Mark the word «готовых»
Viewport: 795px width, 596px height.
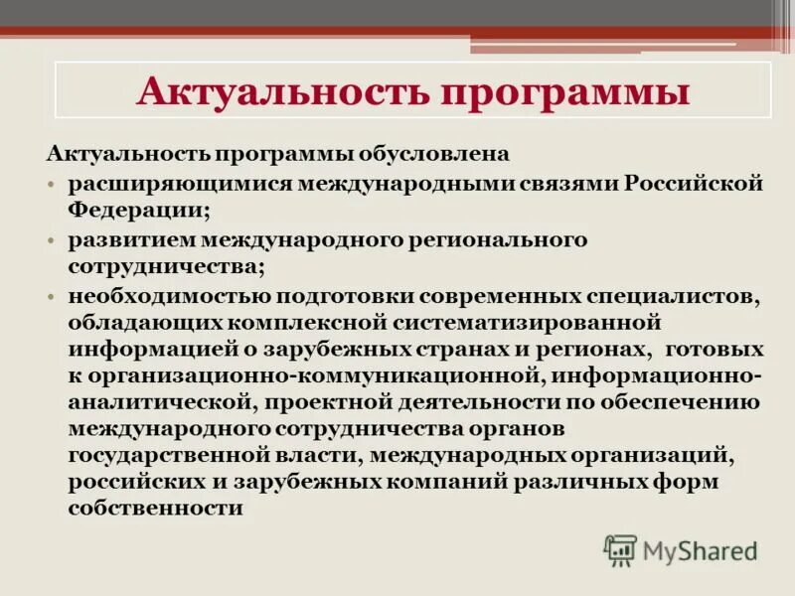coord(715,350)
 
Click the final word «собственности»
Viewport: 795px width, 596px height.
coord(156,509)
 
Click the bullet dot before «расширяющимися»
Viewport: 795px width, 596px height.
coord(50,186)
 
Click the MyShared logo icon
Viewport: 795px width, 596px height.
coord(620,549)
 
